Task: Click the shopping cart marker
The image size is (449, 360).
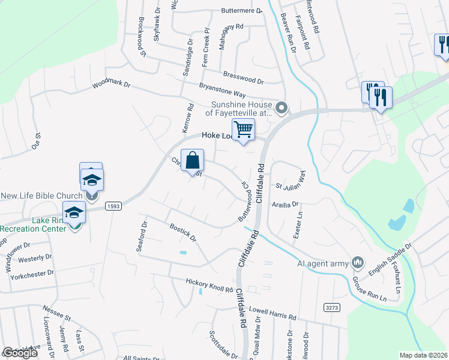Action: point(243,129)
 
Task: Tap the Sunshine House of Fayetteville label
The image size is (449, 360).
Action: point(241,108)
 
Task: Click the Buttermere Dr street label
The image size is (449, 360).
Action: point(242,11)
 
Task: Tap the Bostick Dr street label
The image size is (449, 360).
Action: point(182,233)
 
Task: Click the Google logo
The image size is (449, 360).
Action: point(20,352)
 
